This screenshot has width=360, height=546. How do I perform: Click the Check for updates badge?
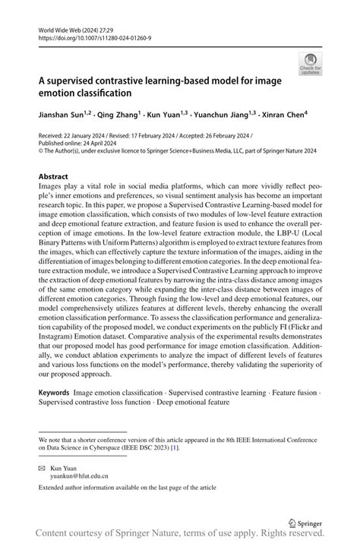pos(311,63)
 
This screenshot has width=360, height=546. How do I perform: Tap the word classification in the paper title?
pos(106,93)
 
